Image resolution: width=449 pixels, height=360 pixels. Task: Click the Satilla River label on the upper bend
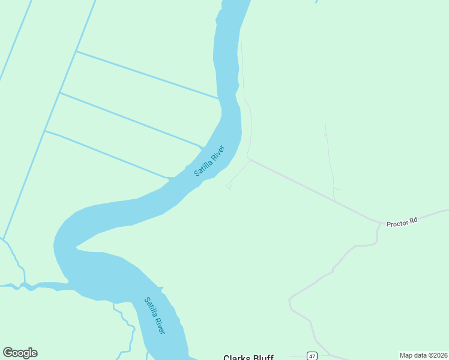[209, 161]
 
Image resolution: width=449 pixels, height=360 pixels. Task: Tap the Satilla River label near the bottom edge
[154, 315]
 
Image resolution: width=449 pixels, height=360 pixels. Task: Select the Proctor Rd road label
[402, 222]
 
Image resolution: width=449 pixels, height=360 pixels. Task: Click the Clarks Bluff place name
[248, 358]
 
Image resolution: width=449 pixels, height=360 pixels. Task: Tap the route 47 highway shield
[312, 356]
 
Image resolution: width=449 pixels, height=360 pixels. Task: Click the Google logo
[20, 353]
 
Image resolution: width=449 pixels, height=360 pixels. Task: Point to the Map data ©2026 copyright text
[423, 355]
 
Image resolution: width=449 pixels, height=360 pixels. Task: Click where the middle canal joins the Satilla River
[202, 146]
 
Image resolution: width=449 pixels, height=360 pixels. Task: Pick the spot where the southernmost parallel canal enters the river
[170, 178]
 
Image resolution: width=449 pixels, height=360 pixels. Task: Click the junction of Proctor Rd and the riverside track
[249, 159]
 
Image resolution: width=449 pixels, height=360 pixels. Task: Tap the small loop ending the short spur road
[229, 188]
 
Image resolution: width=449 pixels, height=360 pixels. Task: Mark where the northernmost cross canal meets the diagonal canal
[76, 52]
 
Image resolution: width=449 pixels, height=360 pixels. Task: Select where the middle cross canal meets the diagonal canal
[60, 92]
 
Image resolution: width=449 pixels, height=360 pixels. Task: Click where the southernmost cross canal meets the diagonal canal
[45, 131]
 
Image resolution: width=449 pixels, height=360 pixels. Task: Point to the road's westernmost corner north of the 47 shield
[289, 298]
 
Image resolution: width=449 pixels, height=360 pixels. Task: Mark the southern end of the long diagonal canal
[3, 239]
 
